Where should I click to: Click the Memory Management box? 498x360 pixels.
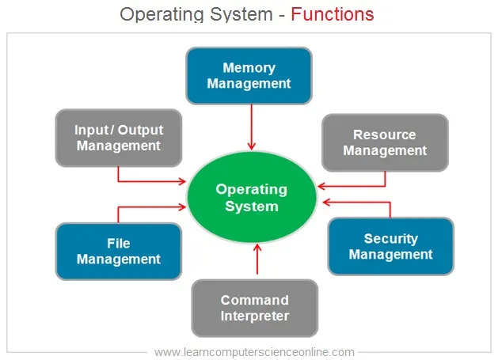[249, 75]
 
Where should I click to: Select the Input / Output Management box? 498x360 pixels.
[119, 138]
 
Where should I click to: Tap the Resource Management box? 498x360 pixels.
[385, 142]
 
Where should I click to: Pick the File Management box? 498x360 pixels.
[119, 252]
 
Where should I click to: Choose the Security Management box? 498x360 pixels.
[390, 246]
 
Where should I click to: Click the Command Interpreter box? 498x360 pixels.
[255, 308]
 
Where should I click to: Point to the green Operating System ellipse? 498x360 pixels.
[252, 197]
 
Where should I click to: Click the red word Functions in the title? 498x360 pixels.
[333, 14]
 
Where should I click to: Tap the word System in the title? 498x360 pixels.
[241, 14]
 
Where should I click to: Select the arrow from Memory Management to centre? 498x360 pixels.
[252, 127]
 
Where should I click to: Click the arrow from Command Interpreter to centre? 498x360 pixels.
[257, 259]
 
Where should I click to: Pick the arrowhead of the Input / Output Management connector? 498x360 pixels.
[182, 181]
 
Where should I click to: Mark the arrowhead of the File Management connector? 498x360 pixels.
[182, 207]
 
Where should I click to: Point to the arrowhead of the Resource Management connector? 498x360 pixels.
[321, 186]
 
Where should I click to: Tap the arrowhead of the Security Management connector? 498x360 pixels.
[326, 202]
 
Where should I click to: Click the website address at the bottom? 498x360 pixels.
[254, 352]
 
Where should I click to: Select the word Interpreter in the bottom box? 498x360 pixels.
[255, 316]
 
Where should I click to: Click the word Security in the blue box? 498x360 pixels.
[390, 239]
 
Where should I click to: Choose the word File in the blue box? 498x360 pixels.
[119, 244]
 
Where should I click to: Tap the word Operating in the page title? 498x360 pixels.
[162, 14]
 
